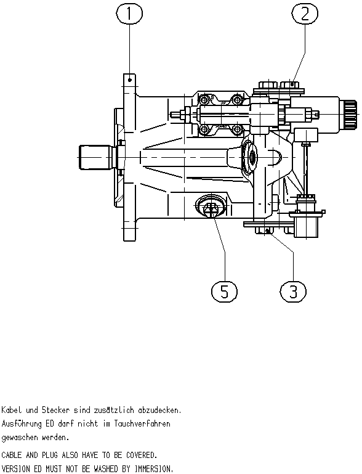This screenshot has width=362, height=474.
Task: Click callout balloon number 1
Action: pyautogui.click(x=129, y=14)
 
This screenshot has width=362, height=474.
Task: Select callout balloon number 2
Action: pyautogui.click(x=305, y=14)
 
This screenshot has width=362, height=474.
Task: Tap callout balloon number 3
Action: pyautogui.click(x=293, y=292)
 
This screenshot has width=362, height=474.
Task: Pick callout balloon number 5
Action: pyautogui.click(x=224, y=292)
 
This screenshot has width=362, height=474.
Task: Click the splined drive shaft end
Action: pyautogui.click(x=95, y=157)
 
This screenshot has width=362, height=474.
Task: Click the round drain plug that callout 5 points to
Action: pyautogui.click(x=211, y=206)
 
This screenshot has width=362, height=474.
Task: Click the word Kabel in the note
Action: pyautogui.click(x=12, y=410)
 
